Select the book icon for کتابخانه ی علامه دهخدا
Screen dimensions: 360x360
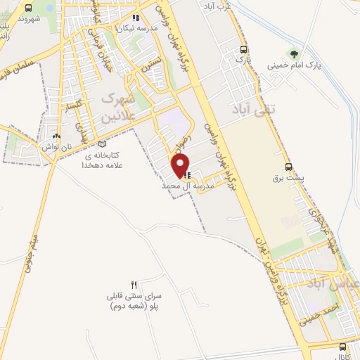click(x=103, y=143)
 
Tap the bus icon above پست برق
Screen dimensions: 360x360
click(x=288, y=167)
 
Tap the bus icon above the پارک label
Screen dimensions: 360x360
click(x=243, y=49)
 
